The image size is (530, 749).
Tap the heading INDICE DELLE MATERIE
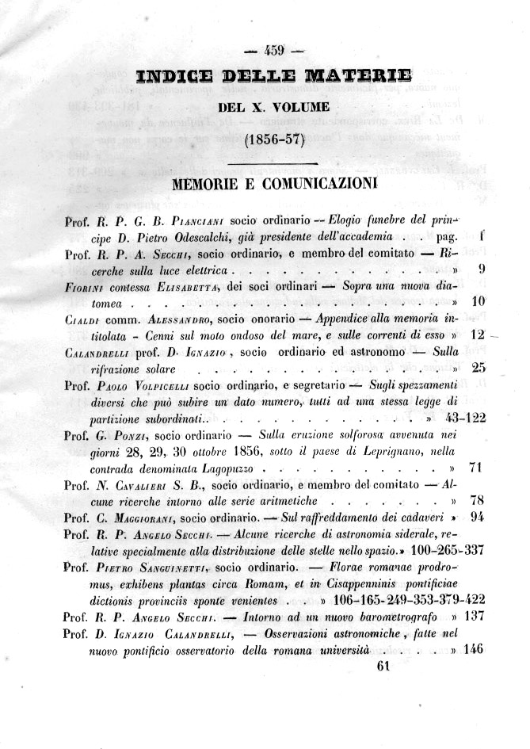click(x=274, y=77)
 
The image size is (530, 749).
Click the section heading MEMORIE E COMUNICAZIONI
click(x=274, y=185)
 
